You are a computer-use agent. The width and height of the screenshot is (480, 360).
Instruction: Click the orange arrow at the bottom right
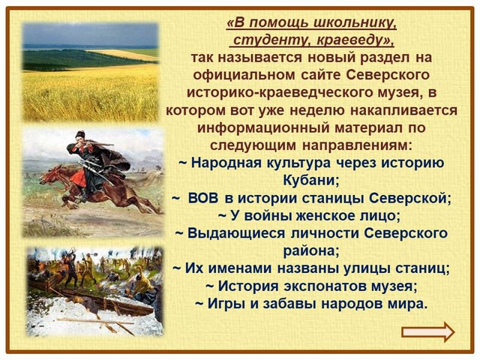(428, 332)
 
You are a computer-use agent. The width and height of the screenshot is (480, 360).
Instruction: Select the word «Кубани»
(311, 180)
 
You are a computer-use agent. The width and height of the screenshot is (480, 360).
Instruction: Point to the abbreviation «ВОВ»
(203, 198)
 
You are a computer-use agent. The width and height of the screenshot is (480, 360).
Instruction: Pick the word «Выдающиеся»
(235, 233)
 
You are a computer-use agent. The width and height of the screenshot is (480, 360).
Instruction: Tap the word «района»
(311, 251)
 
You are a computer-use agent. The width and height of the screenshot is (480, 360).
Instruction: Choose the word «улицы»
(367, 268)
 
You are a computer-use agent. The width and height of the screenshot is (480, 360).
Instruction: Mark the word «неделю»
(316, 110)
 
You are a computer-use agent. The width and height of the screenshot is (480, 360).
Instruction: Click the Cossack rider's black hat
(80, 134)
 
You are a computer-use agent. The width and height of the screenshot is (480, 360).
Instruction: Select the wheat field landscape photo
(91, 72)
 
